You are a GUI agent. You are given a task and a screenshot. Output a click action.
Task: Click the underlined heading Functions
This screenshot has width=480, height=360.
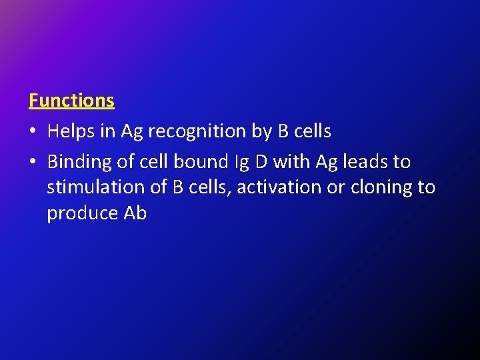tap(71, 101)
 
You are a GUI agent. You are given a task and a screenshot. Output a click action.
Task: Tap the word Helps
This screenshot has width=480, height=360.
tap(71, 131)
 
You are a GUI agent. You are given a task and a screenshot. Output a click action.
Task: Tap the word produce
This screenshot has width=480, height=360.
tap(83, 213)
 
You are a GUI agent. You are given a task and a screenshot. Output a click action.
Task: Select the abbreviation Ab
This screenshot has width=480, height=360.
tap(135, 213)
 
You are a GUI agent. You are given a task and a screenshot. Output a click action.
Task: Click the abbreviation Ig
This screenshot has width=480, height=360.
tap(241, 162)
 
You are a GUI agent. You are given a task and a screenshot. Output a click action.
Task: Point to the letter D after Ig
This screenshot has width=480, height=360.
tap(261, 161)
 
